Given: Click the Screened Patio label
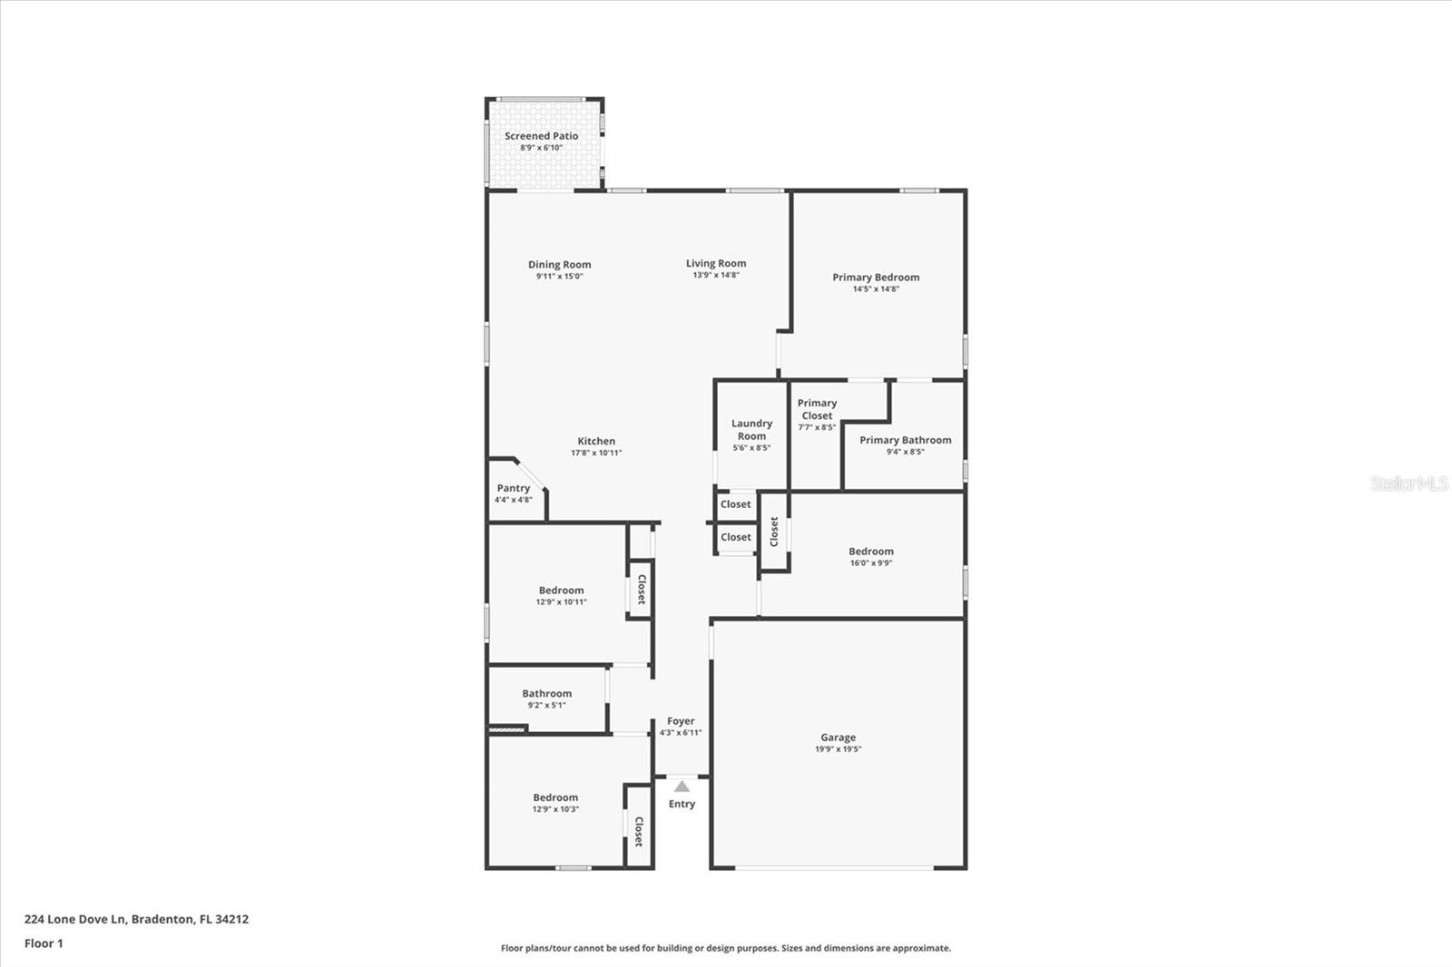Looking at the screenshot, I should [541, 136].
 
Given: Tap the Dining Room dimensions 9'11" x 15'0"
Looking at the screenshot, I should [559, 277].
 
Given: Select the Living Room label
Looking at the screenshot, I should [716, 263].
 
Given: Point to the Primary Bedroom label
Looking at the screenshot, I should [876, 278].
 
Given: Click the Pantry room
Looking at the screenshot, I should [513, 493].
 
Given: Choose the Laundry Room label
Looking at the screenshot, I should [751, 429].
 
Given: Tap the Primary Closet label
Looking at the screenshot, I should [817, 409].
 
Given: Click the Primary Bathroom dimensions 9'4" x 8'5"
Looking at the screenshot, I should [905, 452].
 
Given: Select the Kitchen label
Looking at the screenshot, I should [596, 441].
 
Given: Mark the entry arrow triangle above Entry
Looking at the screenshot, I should [682, 786].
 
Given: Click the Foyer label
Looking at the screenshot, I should [681, 721].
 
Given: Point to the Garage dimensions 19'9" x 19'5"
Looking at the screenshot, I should [838, 749].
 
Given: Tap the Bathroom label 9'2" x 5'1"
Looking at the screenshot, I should [546, 694].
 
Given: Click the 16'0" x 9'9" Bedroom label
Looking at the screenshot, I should [870, 552].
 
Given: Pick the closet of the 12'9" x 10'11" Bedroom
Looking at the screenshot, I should [641, 589].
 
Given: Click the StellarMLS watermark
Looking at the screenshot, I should [1408, 483].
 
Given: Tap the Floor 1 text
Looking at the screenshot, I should [44, 943].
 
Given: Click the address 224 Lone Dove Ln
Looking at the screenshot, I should [136, 919].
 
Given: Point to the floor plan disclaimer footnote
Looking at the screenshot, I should [726, 948].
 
